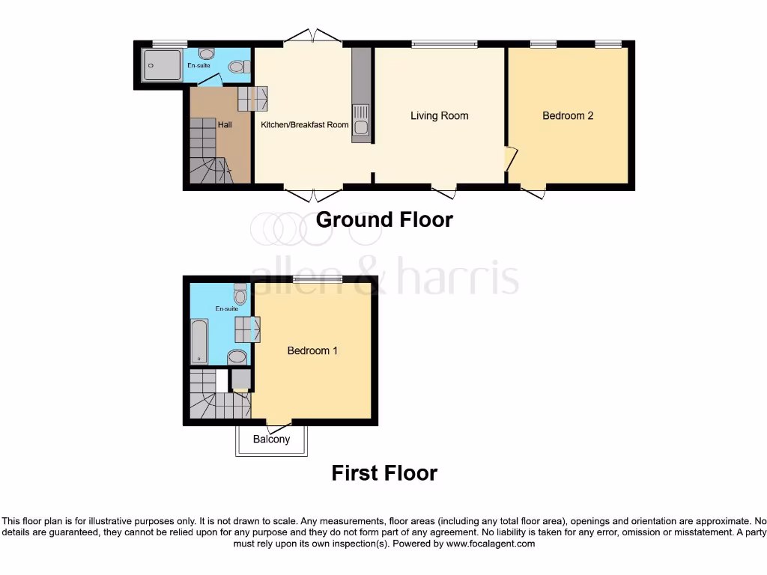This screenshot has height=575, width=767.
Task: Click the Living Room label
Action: (x=439, y=115)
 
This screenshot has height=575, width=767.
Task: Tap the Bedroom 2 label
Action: (x=568, y=115)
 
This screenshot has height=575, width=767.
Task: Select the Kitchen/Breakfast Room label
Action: (x=304, y=124)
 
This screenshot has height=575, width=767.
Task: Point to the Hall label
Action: (x=224, y=124)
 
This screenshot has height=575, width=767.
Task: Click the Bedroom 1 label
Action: (x=312, y=350)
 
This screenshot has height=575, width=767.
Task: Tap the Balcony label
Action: (x=271, y=439)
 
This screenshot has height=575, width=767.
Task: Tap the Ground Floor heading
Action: (x=384, y=219)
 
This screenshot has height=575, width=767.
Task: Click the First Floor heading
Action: (x=384, y=473)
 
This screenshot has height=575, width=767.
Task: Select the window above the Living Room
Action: (x=444, y=45)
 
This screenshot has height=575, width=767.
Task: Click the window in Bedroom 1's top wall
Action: (x=318, y=279)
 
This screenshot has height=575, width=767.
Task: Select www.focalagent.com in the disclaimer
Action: (x=490, y=544)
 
